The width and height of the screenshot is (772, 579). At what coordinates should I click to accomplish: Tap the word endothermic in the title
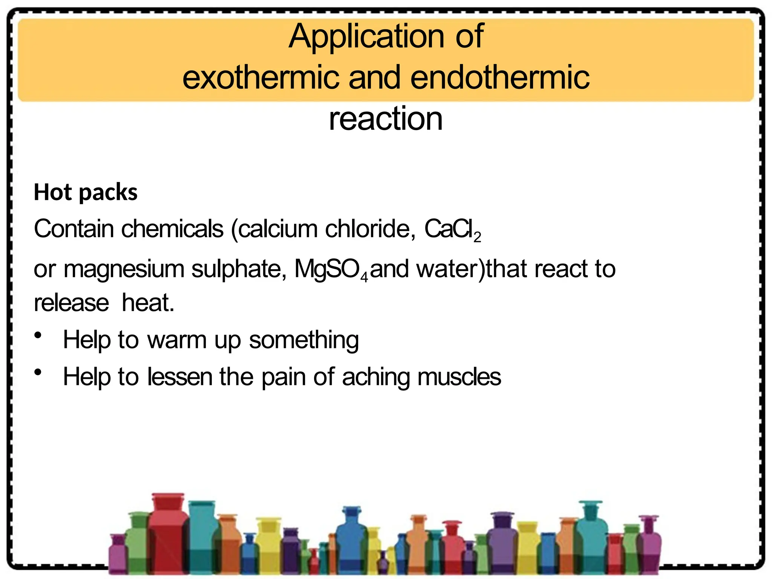500,77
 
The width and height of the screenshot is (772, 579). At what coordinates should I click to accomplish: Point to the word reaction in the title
386,119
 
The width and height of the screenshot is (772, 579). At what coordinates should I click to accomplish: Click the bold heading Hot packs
86,193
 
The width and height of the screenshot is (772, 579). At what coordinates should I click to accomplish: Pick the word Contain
74,229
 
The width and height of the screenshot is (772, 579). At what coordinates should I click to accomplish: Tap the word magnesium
124,270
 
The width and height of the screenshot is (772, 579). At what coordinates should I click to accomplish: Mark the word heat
148,303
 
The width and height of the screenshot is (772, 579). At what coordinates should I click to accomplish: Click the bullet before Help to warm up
38,335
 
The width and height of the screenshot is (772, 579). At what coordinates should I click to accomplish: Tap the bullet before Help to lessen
38,372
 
